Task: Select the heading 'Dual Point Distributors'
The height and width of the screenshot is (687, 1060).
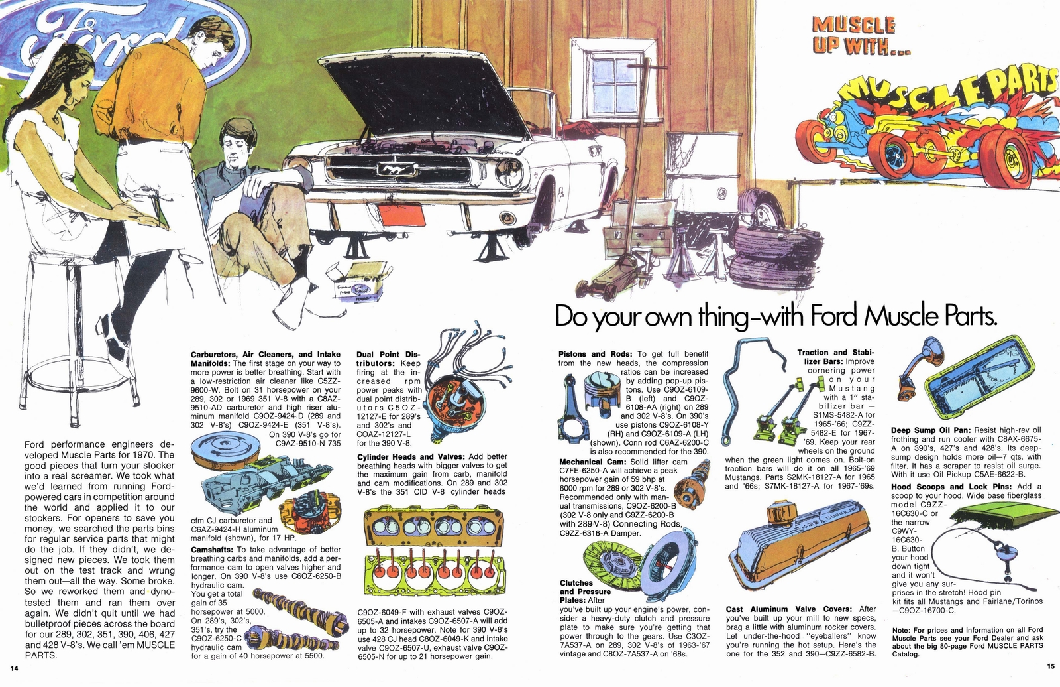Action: (387, 359)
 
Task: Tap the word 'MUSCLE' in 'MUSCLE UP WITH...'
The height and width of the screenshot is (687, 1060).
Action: (853, 26)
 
